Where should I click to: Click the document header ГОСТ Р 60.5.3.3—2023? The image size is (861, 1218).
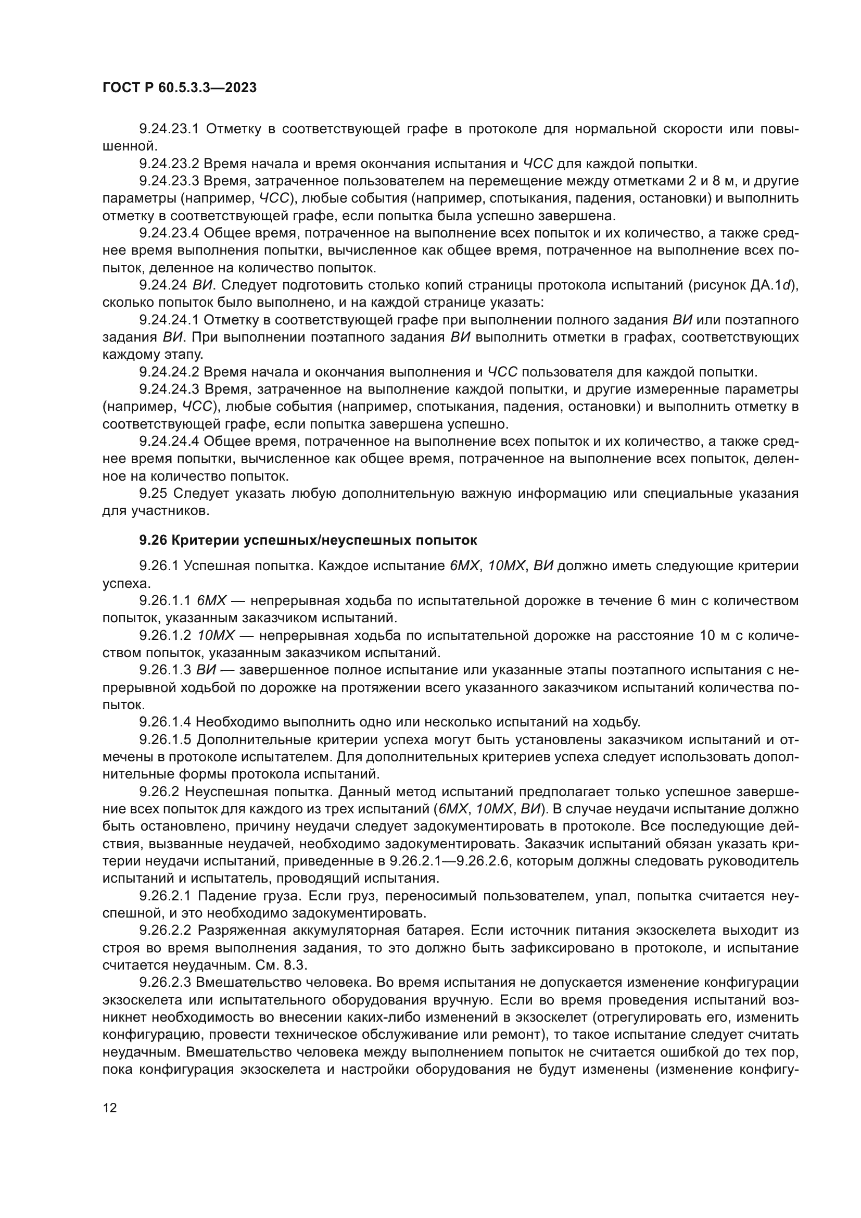point(179,88)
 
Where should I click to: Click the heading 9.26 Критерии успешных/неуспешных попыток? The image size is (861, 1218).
point(308,541)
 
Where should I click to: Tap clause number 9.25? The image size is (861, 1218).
point(153,494)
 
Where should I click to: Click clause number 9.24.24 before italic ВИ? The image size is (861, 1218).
point(162,285)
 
